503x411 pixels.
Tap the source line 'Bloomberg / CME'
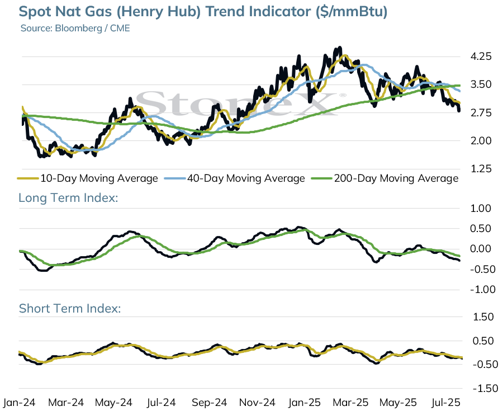point(92,28)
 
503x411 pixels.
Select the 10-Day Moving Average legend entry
point(88,178)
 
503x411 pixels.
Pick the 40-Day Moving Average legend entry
point(235,178)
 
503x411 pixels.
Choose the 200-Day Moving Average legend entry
point(385,178)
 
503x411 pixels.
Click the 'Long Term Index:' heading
point(68,197)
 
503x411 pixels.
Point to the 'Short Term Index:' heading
point(70,308)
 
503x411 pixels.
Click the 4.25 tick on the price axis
point(481,57)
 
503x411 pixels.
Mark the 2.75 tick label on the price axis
point(481,113)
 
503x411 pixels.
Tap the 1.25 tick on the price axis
point(481,169)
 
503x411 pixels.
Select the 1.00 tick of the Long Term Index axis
point(481,209)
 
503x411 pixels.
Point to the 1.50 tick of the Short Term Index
point(483,317)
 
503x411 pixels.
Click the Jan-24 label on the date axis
point(19,403)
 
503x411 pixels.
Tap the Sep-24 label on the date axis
point(209,403)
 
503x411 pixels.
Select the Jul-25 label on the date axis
point(446,403)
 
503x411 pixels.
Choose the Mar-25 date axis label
point(350,403)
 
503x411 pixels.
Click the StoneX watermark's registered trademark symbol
point(343,95)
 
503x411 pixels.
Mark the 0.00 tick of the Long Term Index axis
point(481,249)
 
